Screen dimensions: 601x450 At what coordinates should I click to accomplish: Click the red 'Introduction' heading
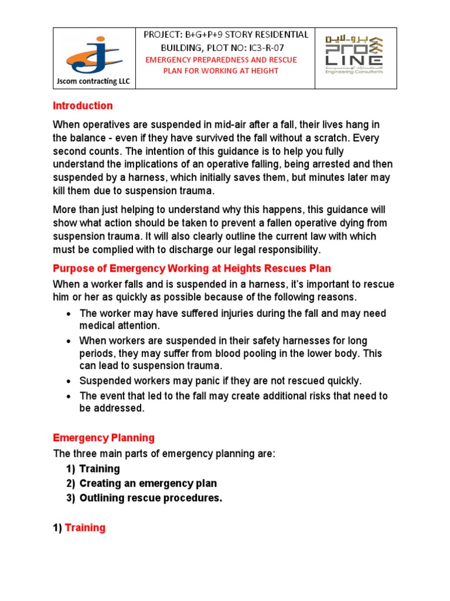pyautogui.click(x=83, y=106)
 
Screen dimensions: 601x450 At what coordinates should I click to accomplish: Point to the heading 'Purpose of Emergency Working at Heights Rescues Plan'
pyautogui.click(x=192, y=269)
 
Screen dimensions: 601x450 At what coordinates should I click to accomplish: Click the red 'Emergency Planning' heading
pyautogui.click(x=104, y=438)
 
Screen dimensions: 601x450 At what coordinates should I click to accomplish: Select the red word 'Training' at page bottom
pyautogui.click(x=85, y=528)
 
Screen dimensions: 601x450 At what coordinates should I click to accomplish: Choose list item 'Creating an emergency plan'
pyautogui.click(x=148, y=484)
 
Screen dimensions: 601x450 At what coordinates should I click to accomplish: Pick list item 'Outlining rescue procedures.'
pyautogui.click(x=151, y=498)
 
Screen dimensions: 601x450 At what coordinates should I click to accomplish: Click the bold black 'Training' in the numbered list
pyautogui.click(x=100, y=469)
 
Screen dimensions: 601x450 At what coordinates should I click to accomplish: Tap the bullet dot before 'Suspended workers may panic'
pyautogui.click(x=69, y=381)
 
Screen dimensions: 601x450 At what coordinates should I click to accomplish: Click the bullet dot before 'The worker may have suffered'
pyautogui.click(x=69, y=314)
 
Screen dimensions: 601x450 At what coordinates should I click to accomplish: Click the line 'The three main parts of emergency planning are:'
pyautogui.click(x=164, y=454)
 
